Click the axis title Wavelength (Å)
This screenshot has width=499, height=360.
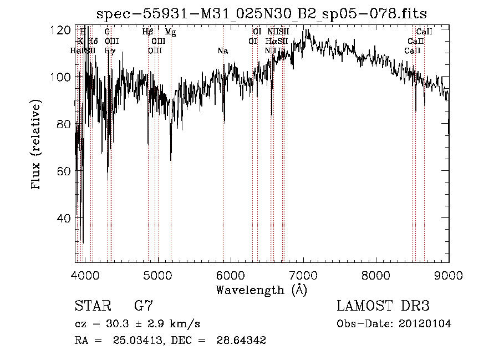tap(261, 290)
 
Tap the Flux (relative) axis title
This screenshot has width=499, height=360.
tap(37, 145)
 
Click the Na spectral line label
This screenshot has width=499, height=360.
tap(223, 51)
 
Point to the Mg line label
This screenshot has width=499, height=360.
tap(171, 33)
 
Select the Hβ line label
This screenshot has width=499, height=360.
tap(147, 33)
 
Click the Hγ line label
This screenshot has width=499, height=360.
tap(110, 51)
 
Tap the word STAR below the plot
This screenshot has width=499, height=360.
tap(92, 306)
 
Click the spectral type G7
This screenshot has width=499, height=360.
tap(143, 306)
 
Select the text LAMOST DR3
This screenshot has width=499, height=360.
tap(383, 306)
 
